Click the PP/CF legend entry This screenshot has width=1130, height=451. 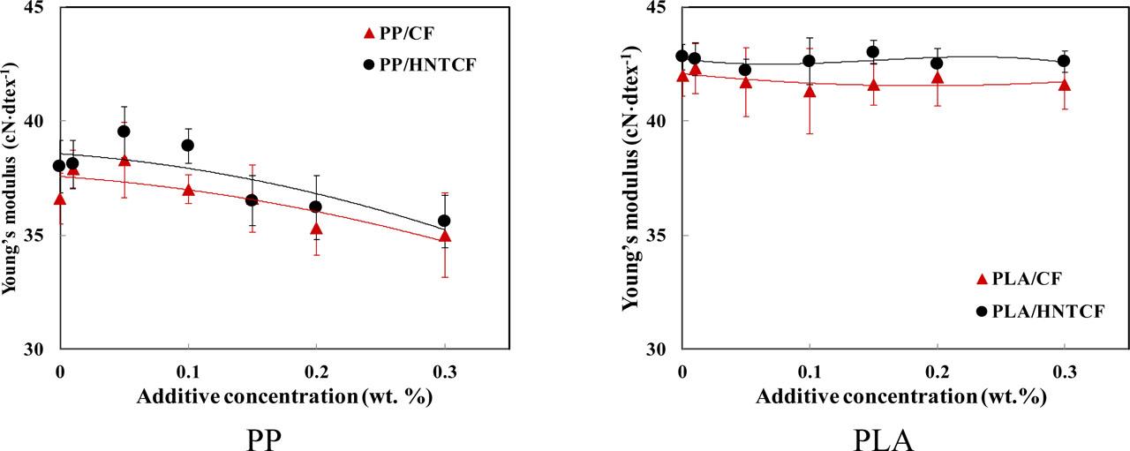(x=398, y=34)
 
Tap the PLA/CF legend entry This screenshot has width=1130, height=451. (x=1019, y=279)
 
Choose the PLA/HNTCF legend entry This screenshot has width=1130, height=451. (x=1040, y=312)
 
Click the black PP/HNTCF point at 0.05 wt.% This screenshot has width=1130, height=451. (x=124, y=132)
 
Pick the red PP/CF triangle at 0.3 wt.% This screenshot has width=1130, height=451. (x=445, y=237)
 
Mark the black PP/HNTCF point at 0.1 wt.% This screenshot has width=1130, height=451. (x=188, y=146)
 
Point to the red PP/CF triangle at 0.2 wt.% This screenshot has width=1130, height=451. (x=316, y=229)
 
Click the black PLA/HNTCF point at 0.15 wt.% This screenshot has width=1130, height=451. (x=873, y=51)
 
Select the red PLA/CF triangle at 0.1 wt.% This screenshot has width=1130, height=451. (x=810, y=91)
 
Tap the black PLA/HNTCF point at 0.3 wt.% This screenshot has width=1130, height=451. (x=1064, y=61)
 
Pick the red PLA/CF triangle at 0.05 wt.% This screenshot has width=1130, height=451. (x=746, y=82)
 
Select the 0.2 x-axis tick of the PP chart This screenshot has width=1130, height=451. (x=316, y=372)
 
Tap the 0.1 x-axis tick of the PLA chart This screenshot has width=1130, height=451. (x=810, y=372)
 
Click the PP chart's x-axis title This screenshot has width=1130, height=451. (x=284, y=397)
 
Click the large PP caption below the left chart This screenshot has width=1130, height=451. (x=263, y=440)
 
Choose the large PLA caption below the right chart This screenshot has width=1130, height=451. (x=884, y=440)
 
